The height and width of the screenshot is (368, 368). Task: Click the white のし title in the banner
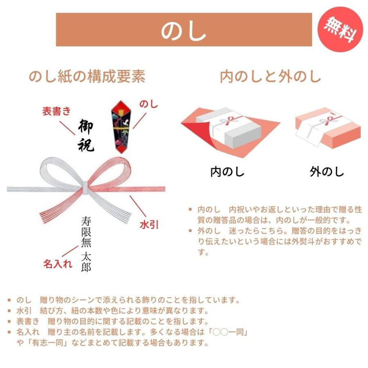184,30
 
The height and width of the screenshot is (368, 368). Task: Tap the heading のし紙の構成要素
87,76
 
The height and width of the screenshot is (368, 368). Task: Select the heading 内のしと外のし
270,76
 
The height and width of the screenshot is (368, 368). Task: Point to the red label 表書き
57,111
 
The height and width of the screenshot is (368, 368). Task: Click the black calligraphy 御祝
86,136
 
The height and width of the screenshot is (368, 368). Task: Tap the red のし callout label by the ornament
148,104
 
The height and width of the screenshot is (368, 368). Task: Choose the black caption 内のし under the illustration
227,172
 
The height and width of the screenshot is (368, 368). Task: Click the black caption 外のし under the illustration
327,172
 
